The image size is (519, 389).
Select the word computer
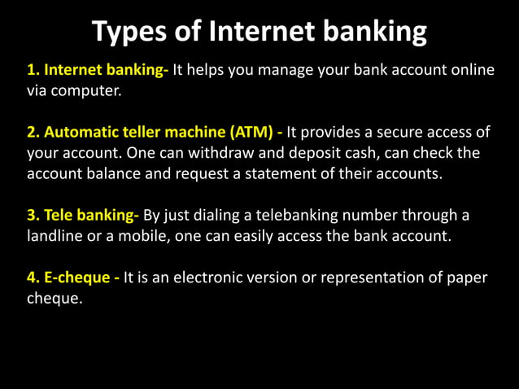click(88, 90)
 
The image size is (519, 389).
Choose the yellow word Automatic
click(83, 133)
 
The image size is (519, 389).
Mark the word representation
click(370, 278)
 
